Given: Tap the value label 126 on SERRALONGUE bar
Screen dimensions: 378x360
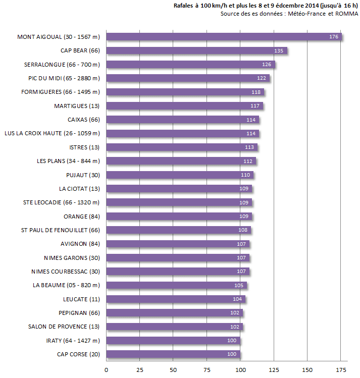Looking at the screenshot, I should click(267, 65).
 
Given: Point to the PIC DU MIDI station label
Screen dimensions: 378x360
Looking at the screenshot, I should click(64, 78).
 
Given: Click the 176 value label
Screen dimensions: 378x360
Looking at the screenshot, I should click(333, 37).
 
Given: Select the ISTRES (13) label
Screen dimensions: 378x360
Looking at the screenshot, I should click(84, 147).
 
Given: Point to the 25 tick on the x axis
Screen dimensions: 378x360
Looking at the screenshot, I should click(140, 370).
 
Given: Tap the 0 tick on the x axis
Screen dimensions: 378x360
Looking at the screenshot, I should click(106, 370).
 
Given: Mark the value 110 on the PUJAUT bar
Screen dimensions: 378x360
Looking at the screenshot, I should click(245, 175).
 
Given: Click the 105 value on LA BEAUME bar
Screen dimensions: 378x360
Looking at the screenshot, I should click(239, 286).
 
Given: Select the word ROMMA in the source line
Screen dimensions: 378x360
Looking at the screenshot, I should click(348, 14).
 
